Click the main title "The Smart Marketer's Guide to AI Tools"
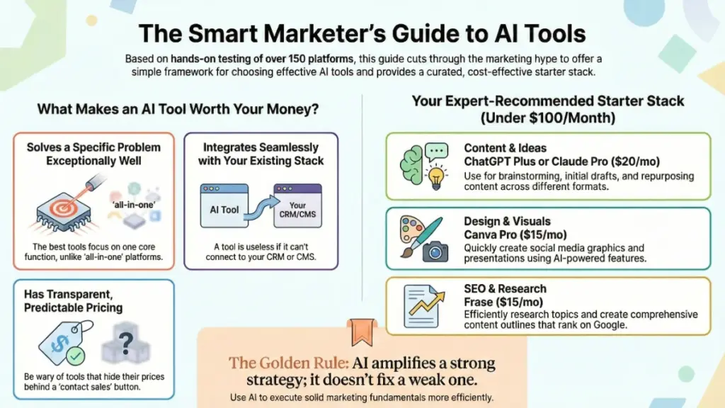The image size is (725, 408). [362, 33]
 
